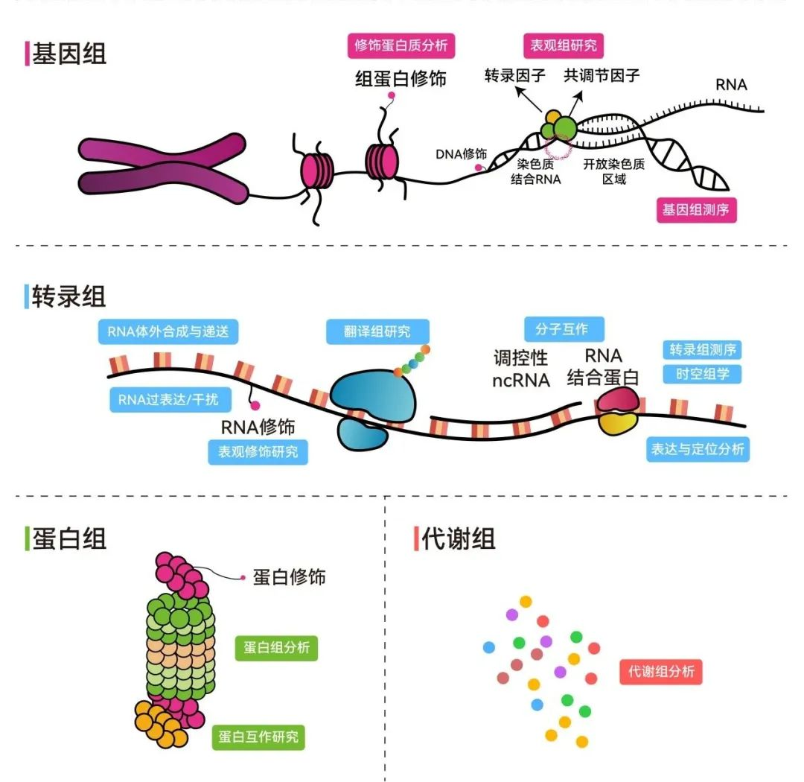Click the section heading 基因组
click(68, 54)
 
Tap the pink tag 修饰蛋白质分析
click(401, 45)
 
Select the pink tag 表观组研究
click(563, 45)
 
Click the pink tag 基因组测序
click(695, 210)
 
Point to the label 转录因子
click(515, 75)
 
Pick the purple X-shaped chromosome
click(163, 168)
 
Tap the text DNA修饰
click(461, 154)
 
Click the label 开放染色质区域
click(614, 172)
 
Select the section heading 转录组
click(68, 296)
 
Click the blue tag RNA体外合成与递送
click(167, 331)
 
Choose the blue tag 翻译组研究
click(377, 331)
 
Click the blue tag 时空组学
click(702, 374)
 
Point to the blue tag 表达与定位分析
click(698, 449)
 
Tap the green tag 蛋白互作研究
click(258, 737)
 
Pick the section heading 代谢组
click(458, 538)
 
